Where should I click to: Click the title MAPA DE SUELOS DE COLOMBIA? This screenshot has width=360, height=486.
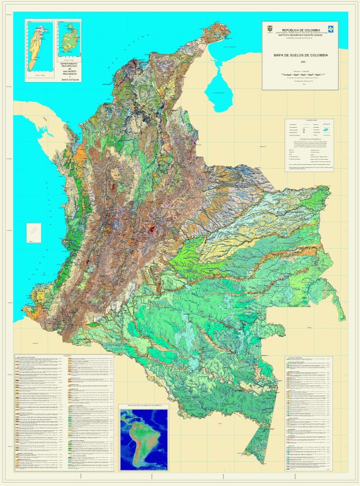coord(301,55)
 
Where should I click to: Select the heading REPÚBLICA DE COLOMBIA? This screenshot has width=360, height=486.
coord(301,30)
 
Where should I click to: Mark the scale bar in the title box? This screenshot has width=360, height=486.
coord(301,74)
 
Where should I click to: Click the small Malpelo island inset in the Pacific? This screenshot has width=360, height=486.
coord(33,231)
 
